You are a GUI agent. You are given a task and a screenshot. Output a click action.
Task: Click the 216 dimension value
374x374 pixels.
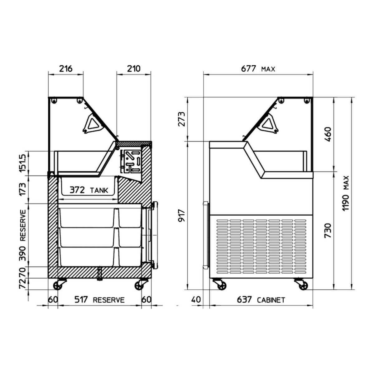tap(66, 69)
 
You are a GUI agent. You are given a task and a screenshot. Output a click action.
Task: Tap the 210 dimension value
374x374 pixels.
tap(134, 69)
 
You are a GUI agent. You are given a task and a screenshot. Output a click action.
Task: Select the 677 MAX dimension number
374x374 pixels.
tap(248, 69)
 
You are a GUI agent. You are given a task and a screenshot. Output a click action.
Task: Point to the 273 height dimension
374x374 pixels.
tap(182, 119)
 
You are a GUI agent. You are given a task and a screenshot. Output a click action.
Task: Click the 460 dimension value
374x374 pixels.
tap(328, 134)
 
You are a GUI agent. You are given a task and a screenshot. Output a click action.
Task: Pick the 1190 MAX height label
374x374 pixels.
tap(346, 193)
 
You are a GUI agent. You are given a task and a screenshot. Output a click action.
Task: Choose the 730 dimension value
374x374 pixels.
tap(328, 231)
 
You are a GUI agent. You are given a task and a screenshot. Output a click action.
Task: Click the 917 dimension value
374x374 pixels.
tap(182, 216)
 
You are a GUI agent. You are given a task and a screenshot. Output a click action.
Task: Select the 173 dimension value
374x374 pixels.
tap(23, 189)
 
